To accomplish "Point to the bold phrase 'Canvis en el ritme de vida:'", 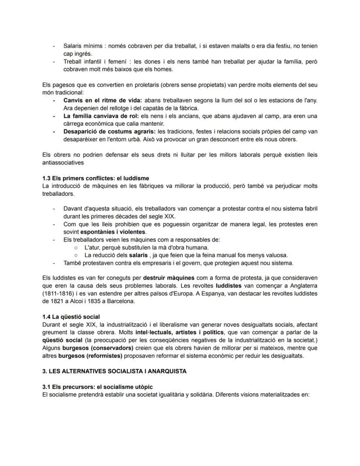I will tap(96, 101).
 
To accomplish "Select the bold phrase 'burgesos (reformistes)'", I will tap(90, 355).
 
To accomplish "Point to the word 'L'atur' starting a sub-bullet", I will tap(92, 247).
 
